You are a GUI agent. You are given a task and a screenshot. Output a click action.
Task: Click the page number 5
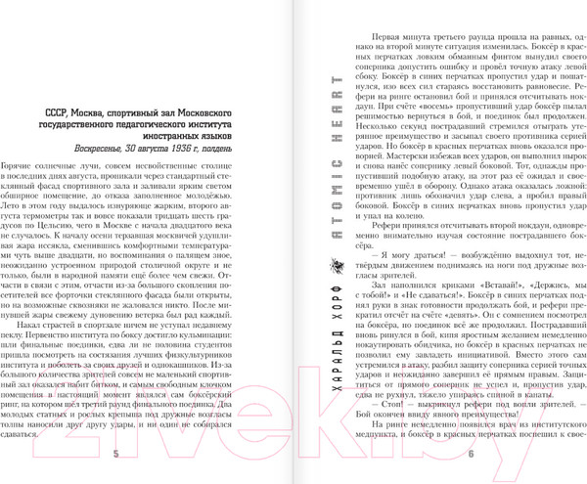point(116,455)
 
